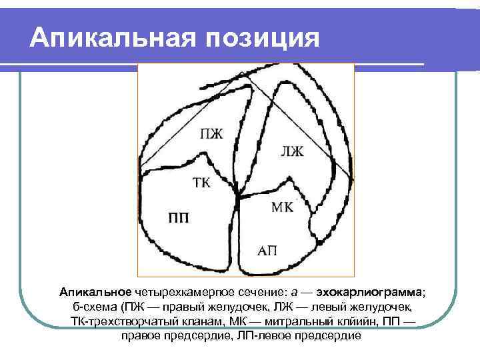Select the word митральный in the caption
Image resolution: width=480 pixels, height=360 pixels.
(x=302, y=322)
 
